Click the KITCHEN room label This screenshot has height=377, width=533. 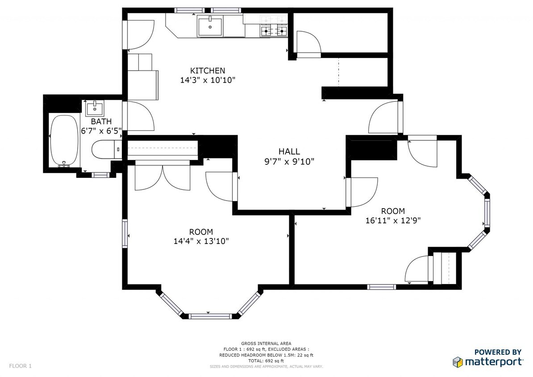[208, 71]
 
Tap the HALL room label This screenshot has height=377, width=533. [289, 152]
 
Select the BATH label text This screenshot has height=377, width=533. [101, 121]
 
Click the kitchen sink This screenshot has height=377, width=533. [210, 26]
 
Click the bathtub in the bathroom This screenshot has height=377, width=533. [64, 141]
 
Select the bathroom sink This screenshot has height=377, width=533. [95, 108]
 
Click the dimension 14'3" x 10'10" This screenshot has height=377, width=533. [208, 80]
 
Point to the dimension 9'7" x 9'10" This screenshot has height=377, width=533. [289, 162]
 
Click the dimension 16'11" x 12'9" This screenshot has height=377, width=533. [393, 220]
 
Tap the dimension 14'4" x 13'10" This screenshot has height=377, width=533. [201, 241]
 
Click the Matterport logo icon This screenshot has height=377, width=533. [457, 361]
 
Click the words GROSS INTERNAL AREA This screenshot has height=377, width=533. [266, 343]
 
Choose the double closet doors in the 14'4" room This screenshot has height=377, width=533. [163, 176]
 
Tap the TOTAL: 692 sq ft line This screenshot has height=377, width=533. [266, 360]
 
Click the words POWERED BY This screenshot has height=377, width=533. [497, 352]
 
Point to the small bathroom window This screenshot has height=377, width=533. [100, 175]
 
